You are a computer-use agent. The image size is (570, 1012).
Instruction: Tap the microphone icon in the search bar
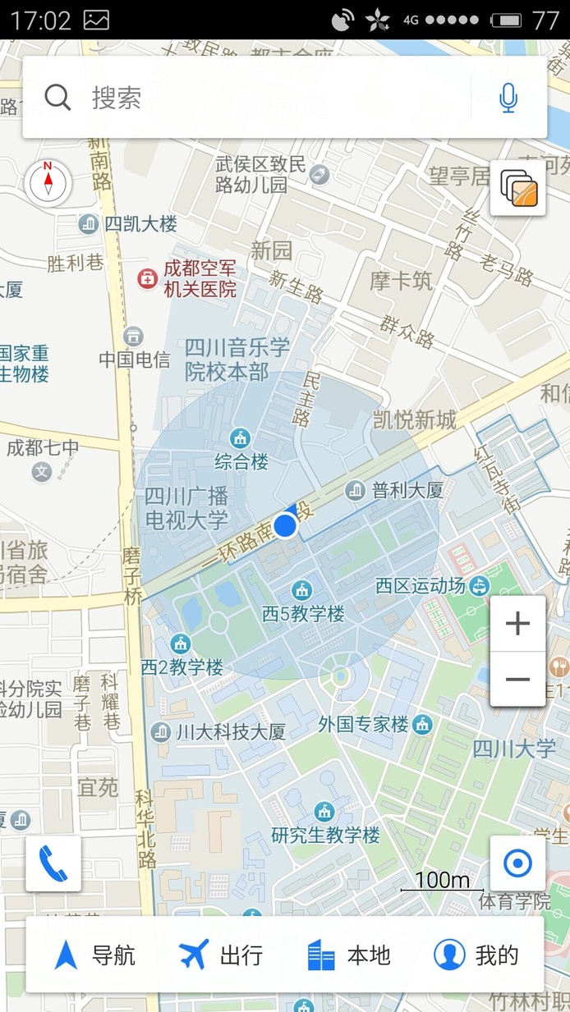click(x=508, y=98)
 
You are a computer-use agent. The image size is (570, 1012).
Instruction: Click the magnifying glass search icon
click(x=57, y=98)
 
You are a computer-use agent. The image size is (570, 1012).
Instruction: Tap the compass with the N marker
click(x=48, y=181)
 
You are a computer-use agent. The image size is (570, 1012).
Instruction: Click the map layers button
click(x=518, y=188)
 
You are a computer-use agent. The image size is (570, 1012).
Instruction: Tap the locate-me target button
click(x=517, y=863)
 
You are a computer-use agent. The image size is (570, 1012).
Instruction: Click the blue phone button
click(x=53, y=863)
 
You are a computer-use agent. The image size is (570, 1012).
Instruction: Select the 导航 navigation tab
click(x=94, y=955)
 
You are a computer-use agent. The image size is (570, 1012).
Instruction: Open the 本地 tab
click(x=348, y=955)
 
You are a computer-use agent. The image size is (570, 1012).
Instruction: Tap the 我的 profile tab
click(x=476, y=955)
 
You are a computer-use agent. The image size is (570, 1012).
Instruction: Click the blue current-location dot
click(x=285, y=525)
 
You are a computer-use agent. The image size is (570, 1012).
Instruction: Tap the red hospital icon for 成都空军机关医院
click(x=147, y=279)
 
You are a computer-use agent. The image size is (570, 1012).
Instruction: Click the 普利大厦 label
click(x=407, y=491)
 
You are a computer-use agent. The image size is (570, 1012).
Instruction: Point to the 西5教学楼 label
click(x=303, y=613)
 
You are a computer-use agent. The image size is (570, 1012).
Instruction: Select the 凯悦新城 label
click(x=415, y=421)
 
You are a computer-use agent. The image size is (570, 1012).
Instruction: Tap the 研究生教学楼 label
click(x=326, y=836)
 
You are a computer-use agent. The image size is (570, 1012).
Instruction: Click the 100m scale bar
click(x=442, y=882)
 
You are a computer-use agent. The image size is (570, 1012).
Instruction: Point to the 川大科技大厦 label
click(x=230, y=731)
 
